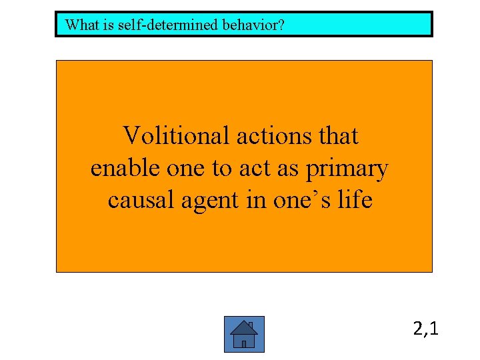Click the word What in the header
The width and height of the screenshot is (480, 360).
click(x=80, y=25)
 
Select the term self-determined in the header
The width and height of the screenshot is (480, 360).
click(x=151, y=25)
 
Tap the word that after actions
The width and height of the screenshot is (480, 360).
click(x=339, y=136)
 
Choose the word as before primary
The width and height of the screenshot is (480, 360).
click(x=288, y=168)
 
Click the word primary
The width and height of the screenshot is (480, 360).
click(x=347, y=169)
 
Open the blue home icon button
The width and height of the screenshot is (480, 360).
click(x=244, y=334)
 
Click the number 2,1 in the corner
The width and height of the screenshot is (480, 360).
click(x=425, y=329)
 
